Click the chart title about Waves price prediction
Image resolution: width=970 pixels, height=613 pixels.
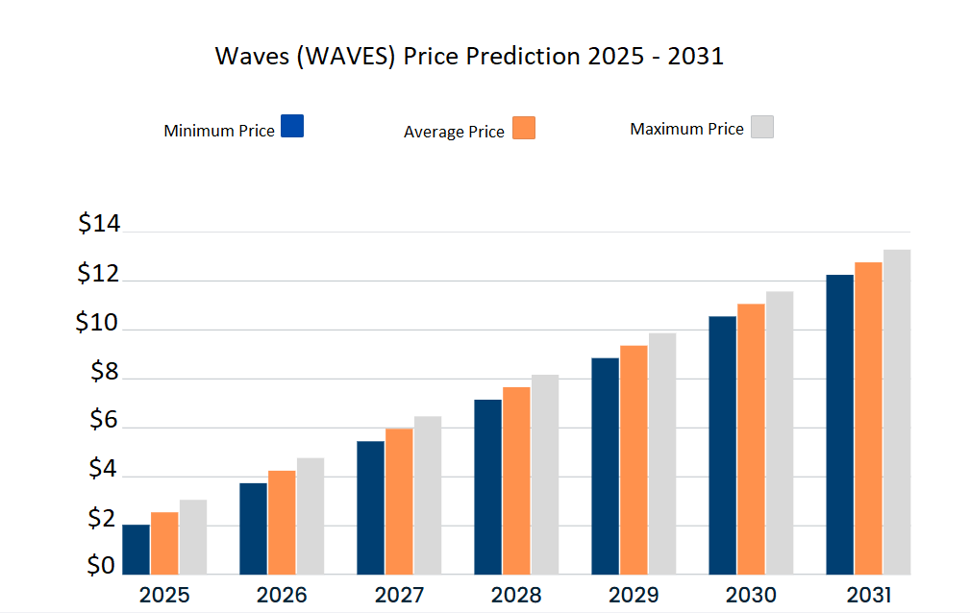pyautogui.click(x=469, y=57)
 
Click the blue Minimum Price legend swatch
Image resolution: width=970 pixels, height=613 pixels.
pyautogui.click(x=292, y=126)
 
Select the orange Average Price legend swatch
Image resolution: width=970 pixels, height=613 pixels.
pyautogui.click(x=524, y=128)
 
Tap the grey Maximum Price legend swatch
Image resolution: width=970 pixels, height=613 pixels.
pyautogui.click(x=761, y=127)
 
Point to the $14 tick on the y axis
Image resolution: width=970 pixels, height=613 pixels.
pyautogui.click(x=99, y=225)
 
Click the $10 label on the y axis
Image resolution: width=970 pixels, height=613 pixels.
pyautogui.click(x=98, y=324)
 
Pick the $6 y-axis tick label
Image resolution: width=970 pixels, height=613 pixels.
pyautogui.click(x=103, y=420)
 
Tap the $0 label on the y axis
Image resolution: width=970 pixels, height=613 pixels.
pyautogui.click(x=101, y=566)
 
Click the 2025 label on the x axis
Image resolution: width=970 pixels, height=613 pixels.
pyautogui.click(x=164, y=595)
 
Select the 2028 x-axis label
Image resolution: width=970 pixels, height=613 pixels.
pyautogui.click(x=516, y=595)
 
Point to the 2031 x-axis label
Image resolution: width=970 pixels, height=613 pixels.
pyautogui.click(x=869, y=595)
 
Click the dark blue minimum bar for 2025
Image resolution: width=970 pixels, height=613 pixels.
pyautogui.click(x=136, y=550)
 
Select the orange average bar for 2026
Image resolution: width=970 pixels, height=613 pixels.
pyautogui.click(x=282, y=523)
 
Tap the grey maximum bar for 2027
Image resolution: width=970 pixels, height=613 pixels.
pyautogui.click(x=428, y=495)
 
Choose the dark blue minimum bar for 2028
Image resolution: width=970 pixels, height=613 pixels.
pyautogui.click(x=487, y=487)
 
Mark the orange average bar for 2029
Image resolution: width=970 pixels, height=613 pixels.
pyautogui.click(x=634, y=459)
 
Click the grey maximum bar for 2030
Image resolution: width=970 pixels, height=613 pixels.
pyautogui.click(x=780, y=432)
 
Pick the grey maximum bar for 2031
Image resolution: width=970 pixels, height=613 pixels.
pyautogui.click(x=897, y=412)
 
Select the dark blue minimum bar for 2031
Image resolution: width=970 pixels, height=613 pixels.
pyautogui.click(x=839, y=425)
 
